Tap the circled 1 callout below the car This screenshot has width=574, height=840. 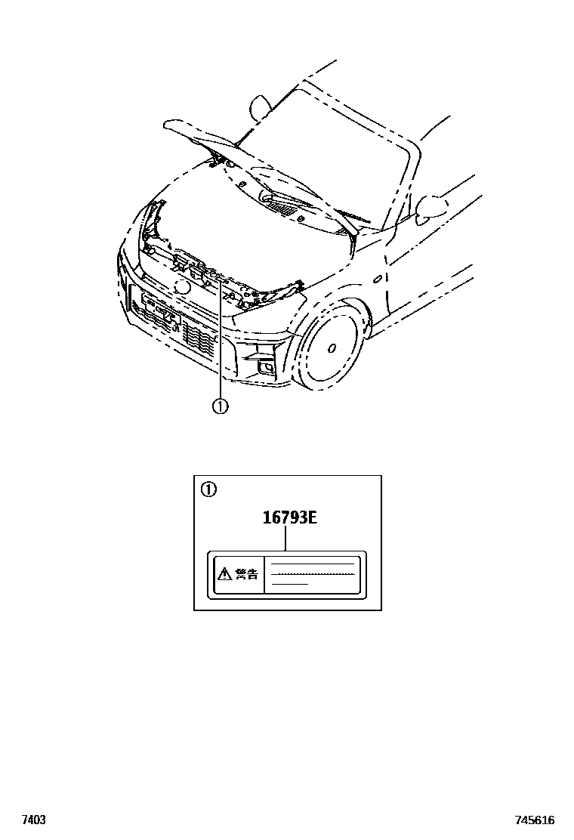[220, 406]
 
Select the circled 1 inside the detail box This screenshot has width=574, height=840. [208, 489]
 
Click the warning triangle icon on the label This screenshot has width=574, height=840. [224, 574]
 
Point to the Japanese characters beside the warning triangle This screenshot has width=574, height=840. [246, 574]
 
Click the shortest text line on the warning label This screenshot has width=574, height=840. [289, 584]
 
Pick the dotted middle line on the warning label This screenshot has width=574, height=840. [313, 574]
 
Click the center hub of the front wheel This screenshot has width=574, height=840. [332, 348]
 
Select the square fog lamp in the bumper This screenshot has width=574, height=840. [266, 368]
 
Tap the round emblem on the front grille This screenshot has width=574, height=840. [181, 286]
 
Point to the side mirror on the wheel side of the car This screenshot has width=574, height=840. [429, 205]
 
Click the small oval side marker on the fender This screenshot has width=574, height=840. [376, 279]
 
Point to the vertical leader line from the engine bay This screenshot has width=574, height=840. [220, 340]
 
